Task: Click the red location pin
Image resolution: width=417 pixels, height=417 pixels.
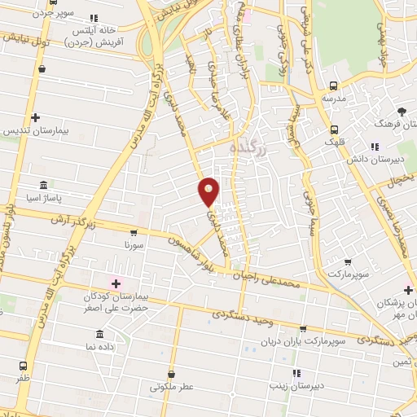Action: (209, 191)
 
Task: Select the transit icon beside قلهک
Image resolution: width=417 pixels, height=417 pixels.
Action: (334, 129)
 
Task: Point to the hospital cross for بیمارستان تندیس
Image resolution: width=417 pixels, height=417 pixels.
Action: (35, 118)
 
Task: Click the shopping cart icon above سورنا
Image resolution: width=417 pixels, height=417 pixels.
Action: (134, 232)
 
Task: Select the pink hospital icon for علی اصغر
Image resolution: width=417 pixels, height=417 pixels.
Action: (116, 283)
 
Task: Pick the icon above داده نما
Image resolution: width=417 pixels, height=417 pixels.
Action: (99, 334)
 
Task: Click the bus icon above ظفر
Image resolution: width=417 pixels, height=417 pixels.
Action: (23, 366)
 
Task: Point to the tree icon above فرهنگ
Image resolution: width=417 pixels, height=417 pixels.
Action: (400, 112)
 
